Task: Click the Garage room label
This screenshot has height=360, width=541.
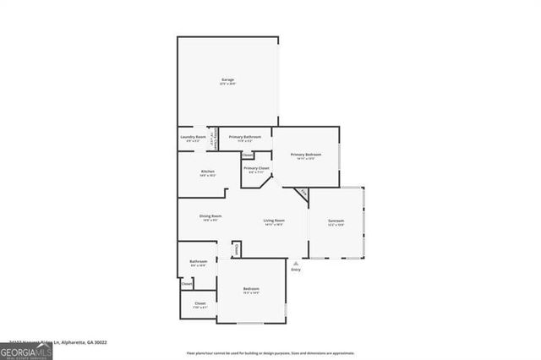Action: [227, 79]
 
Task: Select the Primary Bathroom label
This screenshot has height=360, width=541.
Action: [245, 136]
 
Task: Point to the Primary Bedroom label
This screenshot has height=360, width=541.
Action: [305, 155]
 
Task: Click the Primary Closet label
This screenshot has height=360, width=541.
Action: [256, 168]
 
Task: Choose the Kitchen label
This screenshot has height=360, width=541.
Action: [208, 172]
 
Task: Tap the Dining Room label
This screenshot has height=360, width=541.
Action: [210, 216]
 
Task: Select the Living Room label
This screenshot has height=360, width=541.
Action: [274, 221]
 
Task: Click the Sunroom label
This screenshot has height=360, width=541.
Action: [336, 221]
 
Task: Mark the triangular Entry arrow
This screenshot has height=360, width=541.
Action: [295, 263]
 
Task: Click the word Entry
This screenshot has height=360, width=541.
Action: [295, 270]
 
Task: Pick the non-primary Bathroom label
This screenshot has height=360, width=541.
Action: [199, 261]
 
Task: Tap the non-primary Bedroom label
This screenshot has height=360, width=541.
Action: [252, 289]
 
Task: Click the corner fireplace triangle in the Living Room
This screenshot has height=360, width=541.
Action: [302, 194]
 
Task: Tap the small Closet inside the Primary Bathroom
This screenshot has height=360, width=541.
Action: [247, 155]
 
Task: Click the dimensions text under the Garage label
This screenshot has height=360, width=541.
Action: [227, 85]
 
